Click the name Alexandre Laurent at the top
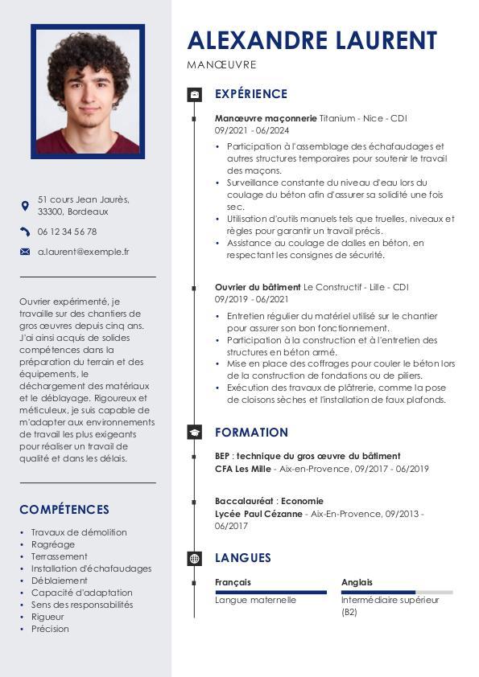click(312, 39)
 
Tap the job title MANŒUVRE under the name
click(221, 64)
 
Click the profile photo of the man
click(88, 90)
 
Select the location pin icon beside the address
click(24, 206)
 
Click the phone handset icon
click(24, 232)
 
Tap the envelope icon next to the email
click(24, 252)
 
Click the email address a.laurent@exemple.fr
click(83, 252)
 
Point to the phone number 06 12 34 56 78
click(67, 232)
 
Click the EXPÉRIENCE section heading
click(250, 94)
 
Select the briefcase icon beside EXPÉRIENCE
click(194, 95)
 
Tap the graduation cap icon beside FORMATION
click(194, 433)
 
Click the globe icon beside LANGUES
click(194, 558)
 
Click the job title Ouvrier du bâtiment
click(258, 287)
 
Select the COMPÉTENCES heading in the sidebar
click(64, 510)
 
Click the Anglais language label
click(357, 582)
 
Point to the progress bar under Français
click(270, 593)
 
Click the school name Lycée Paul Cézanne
click(258, 514)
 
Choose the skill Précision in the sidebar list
click(50, 629)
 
